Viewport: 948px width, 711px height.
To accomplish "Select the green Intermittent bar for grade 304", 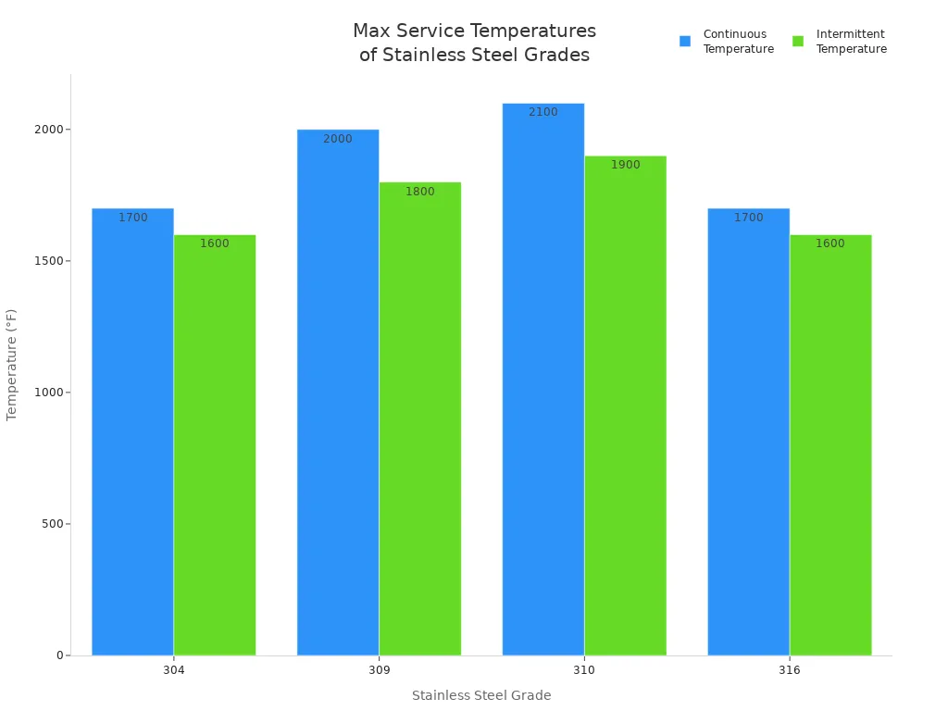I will pos(215,444).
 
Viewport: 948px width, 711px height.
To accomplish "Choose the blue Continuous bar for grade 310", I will pos(543,380).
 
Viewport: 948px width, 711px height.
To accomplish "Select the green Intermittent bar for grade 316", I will pos(830,444).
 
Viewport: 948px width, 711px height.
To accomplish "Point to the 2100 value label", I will pos(543,112).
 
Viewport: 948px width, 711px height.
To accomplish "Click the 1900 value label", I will pos(626,165).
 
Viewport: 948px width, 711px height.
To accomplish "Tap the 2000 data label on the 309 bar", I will pos(338,139).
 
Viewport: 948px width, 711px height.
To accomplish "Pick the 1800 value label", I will pos(420,192).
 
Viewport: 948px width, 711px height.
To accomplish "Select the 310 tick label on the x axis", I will pos(584,670).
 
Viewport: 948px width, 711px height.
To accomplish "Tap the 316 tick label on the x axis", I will pos(790,670).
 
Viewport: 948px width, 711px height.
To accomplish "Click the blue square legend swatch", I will pos(685,42).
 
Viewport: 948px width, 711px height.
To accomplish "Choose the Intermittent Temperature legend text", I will pos(851,42).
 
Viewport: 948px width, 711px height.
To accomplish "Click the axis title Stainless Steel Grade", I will pos(481,695).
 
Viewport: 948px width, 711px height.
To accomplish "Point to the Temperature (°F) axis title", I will pos(12,365).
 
